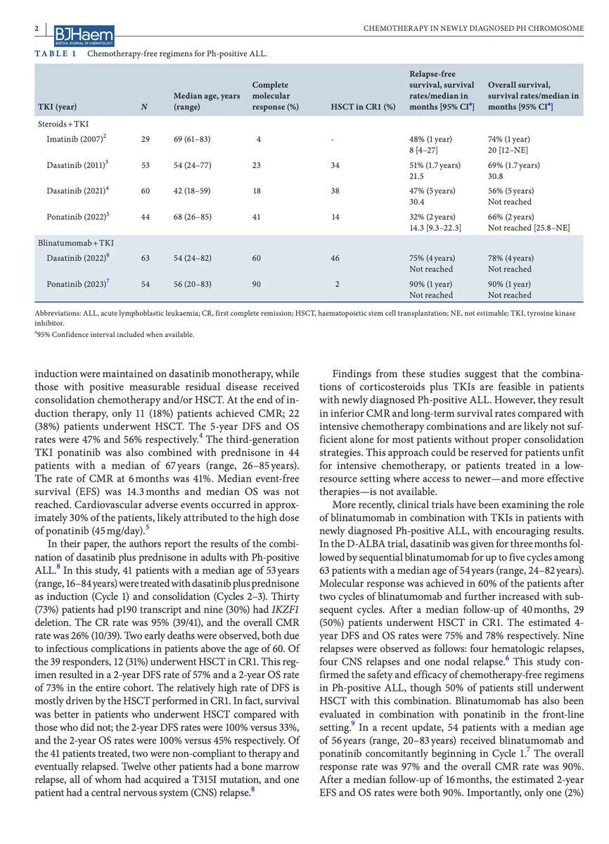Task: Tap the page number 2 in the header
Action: [35, 27]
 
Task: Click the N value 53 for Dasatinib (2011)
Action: [146, 165]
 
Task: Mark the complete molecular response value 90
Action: [259, 285]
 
